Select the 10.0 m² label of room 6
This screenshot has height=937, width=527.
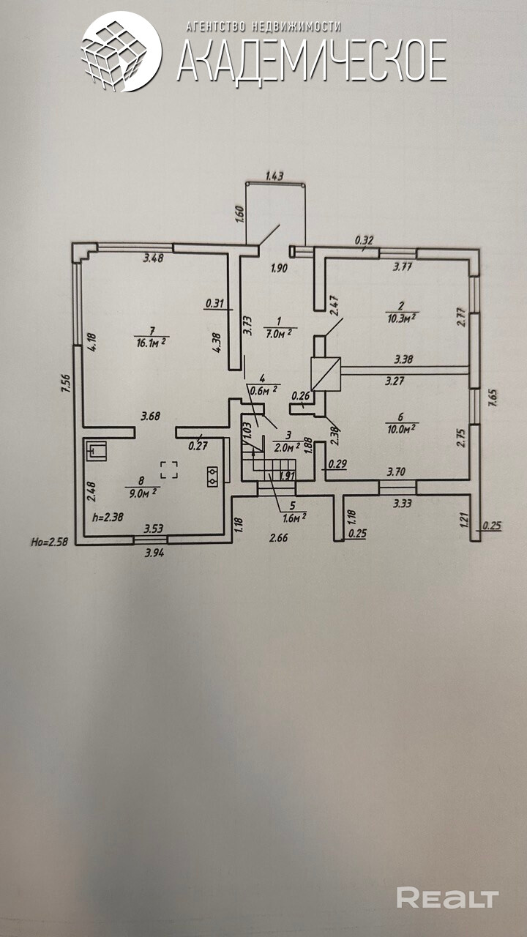point(400,428)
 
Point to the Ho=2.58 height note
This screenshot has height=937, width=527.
point(49,542)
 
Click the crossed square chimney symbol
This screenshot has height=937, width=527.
point(326,374)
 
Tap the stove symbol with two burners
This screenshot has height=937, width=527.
point(213,477)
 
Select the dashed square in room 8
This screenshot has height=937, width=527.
point(169,468)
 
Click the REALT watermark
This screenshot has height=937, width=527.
point(447,897)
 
